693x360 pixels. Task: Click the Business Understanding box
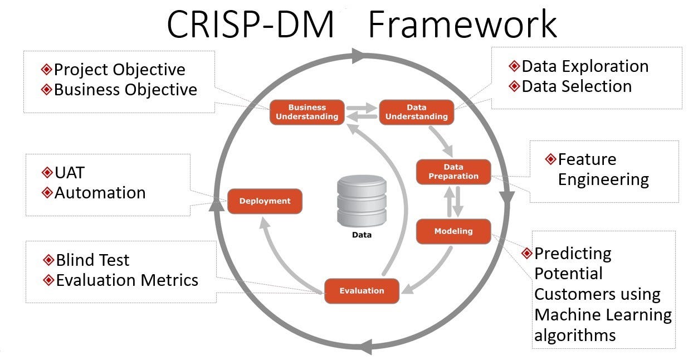(x=307, y=112)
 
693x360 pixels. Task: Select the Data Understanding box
(x=416, y=112)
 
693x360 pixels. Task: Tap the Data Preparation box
(x=453, y=172)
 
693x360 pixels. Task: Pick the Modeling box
(x=453, y=231)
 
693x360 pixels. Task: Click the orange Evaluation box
(x=362, y=290)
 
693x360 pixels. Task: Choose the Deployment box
(x=265, y=201)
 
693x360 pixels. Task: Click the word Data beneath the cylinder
(x=362, y=235)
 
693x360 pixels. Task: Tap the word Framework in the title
(x=462, y=25)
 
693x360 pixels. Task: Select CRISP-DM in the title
(x=250, y=25)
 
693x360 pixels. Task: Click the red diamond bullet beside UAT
(x=47, y=173)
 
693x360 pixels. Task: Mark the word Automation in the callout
(x=100, y=193)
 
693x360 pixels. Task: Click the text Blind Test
(x=92, y=260)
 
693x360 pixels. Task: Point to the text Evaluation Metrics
(x=127, y=280)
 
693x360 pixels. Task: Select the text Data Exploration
(x=585, y=66)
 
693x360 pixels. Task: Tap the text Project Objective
(x=119, y=70)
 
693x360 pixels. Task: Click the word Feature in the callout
(x=587, y=159)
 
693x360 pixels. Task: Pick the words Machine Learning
(x=603, y=315)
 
